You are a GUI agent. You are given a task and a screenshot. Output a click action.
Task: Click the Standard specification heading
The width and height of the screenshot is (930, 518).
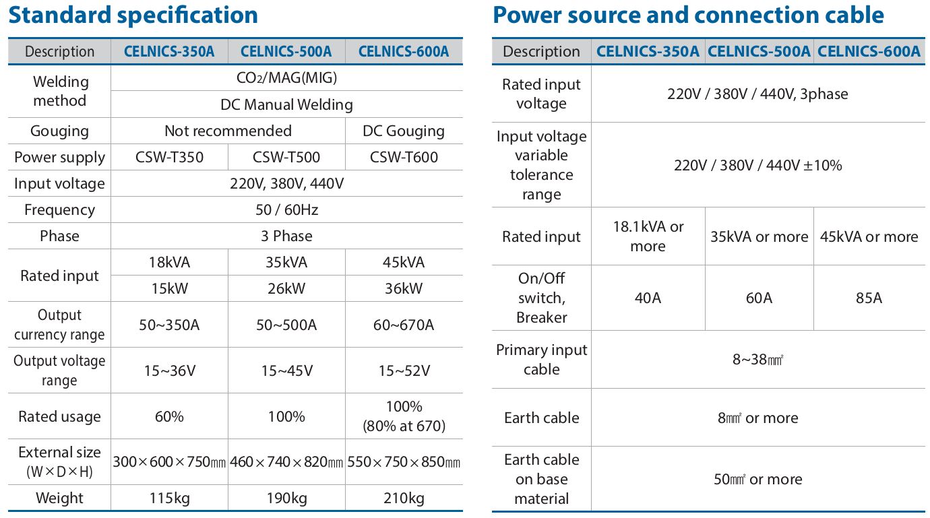[x=133, y=15]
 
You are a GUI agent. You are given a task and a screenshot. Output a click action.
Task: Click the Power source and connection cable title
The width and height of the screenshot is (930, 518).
[x=688, y=15]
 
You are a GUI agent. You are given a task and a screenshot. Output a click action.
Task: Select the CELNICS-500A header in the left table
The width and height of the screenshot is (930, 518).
[x=286, y=52]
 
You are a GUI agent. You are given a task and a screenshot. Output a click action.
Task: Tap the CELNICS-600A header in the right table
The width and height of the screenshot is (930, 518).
[x=869, y=52]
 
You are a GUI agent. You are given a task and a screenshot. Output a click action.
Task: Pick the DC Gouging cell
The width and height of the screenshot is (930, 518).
[x=404, y=131]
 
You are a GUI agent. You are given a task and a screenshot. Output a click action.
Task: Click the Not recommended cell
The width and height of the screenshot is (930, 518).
[x=228, y=131]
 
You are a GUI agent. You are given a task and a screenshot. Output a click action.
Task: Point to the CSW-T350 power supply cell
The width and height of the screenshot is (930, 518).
[x=169, y=158]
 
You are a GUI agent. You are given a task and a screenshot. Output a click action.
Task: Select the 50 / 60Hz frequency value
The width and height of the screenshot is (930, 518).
[x=286, y=210]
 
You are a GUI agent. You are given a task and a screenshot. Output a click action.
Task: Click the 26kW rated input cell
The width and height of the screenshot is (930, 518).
[x=286, y=289]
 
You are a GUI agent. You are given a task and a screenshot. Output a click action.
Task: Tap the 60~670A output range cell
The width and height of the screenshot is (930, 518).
[x=404, y=325]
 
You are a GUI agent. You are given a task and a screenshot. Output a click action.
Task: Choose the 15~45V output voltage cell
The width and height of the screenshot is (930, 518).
[x=286, y=370]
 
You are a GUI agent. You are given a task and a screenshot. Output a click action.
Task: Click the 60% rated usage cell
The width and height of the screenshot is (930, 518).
[x=169, y=417]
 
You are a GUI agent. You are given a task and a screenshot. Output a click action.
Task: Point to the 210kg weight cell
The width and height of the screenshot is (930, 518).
[x=404, y=498]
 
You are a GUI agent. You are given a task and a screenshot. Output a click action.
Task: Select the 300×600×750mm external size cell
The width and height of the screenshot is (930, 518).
[x=169, y=463]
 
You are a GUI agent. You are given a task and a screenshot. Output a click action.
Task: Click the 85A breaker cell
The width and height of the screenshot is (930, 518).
[x=869, y=298]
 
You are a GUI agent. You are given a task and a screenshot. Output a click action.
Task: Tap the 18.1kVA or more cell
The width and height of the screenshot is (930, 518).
[x=648, y=236]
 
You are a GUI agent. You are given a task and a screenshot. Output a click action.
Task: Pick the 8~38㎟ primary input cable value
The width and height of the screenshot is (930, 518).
[x=758, y=360]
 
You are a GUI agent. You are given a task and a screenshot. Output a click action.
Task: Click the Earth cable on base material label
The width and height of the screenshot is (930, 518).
[x=541, y=479]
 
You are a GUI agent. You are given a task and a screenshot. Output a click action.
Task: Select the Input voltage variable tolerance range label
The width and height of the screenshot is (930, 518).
[x=541, y=165]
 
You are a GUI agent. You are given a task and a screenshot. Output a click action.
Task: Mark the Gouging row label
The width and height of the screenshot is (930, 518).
[x=59, y=131]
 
